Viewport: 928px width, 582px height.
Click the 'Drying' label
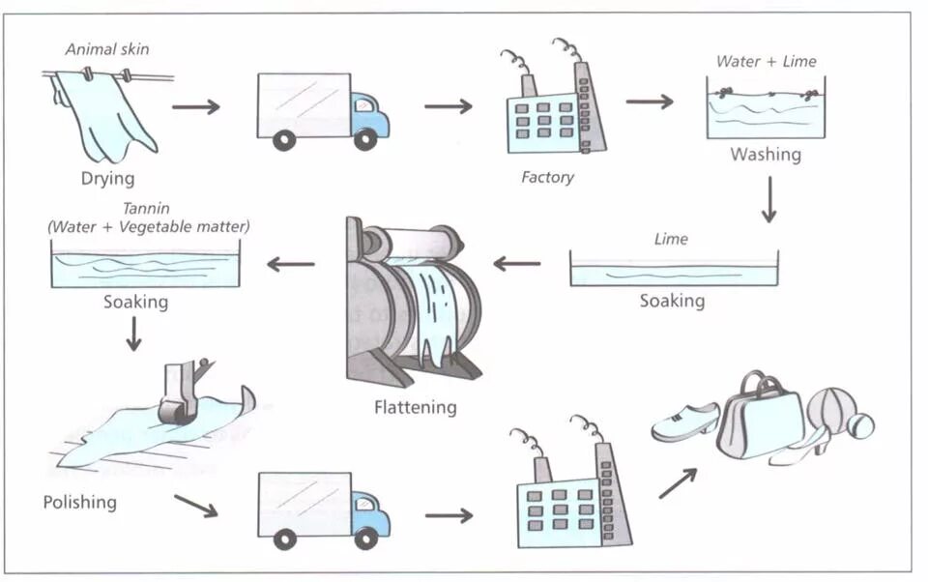107,178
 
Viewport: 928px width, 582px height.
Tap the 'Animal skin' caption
107,49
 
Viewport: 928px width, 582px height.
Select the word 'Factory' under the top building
547,177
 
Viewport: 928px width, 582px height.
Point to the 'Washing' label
766,154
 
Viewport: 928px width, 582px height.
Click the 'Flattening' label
416,407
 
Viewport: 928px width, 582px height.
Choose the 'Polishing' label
80,502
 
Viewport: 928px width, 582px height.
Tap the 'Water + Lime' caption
767,61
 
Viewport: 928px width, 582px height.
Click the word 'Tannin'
146,209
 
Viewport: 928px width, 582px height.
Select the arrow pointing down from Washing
768,199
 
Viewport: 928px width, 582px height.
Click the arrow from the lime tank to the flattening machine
516,263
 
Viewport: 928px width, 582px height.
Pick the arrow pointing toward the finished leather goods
679,483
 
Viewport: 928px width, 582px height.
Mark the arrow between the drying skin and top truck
196,107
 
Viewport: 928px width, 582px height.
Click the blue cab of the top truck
369,115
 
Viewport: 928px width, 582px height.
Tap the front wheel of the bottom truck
365,538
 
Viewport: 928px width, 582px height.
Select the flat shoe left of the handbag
685,422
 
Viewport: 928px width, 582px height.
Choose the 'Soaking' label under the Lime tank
673,301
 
